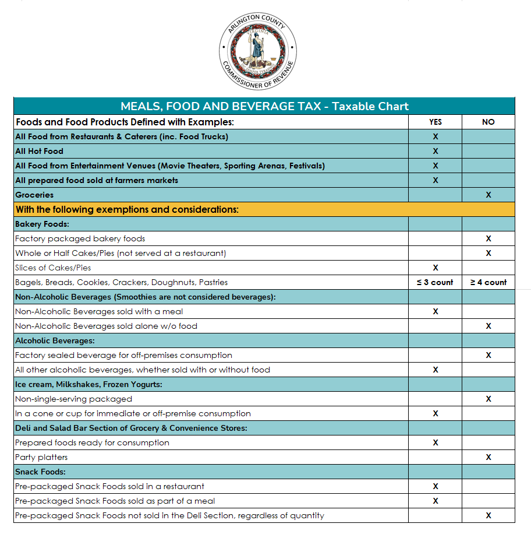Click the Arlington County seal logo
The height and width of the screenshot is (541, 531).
258,51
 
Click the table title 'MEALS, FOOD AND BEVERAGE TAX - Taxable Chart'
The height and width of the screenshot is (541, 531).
264,106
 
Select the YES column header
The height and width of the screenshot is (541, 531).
435,122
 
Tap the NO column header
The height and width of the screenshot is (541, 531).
488,122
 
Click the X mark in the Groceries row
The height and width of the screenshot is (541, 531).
488,195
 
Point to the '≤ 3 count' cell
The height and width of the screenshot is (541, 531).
435,282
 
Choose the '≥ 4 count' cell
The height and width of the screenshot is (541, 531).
488,282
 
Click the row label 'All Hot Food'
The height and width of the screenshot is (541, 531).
39,151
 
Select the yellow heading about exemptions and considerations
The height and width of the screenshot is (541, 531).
127,209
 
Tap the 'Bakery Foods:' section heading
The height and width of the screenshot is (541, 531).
42,224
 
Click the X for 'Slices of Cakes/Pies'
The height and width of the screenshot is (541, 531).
435,268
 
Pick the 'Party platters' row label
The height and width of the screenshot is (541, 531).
41,457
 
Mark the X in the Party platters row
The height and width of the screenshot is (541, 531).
488,457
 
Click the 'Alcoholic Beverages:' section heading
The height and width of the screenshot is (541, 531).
55,340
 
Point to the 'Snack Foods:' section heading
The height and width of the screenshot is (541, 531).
40,472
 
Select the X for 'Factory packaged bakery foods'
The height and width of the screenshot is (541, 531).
488,238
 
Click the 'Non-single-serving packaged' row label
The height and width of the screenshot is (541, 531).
73,399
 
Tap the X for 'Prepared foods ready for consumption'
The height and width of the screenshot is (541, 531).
435,442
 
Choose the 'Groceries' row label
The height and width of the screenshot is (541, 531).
34,195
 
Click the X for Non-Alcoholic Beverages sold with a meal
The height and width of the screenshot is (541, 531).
435,311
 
